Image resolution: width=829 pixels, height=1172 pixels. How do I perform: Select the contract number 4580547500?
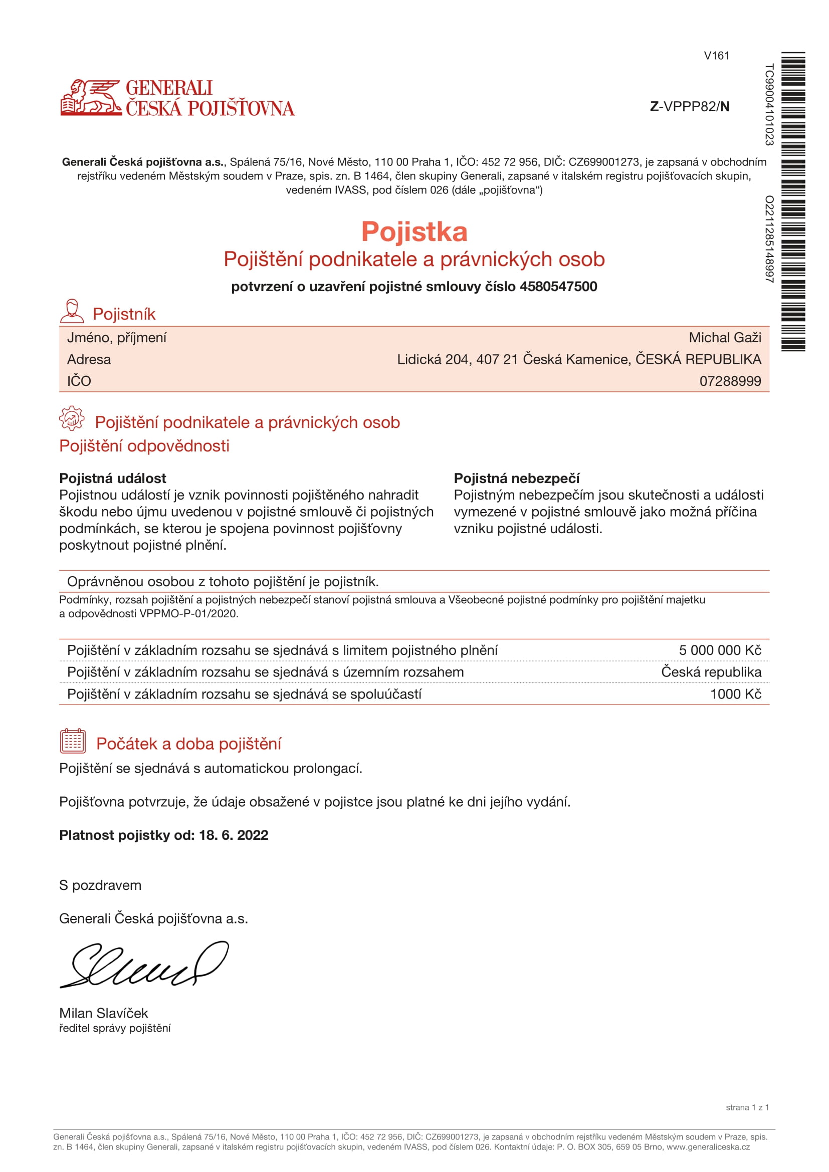pos(558,287)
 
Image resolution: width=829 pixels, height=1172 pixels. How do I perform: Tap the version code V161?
pos(716,56)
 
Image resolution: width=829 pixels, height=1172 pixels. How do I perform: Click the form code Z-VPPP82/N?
pos(689,106)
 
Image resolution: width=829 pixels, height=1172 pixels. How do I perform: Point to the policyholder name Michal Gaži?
pos(724,337)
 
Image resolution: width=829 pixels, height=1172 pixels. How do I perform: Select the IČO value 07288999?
pos(729,381)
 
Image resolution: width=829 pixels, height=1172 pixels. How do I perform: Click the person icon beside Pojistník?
pos(72,311)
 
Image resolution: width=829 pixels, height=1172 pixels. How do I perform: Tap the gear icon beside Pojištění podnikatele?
pos(72,418)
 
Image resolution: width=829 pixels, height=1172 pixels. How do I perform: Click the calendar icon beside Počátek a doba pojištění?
pos(73,741)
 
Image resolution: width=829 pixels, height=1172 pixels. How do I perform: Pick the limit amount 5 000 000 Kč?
pos(719,650)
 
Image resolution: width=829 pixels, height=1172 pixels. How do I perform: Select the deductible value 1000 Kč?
pos(735,693)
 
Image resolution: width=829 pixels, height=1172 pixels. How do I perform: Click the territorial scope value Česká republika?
pos(711,672)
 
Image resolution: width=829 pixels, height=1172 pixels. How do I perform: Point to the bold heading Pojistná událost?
pos(113,479)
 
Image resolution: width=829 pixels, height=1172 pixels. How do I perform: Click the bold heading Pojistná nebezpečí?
pos(517,479)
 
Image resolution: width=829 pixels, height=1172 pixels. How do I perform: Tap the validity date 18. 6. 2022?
pos(233,835)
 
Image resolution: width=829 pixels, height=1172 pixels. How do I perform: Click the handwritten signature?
pos(144,964)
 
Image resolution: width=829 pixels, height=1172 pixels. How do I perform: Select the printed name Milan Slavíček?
pos(104,1013)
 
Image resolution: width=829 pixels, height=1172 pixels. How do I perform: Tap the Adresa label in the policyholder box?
pos(89,359)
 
